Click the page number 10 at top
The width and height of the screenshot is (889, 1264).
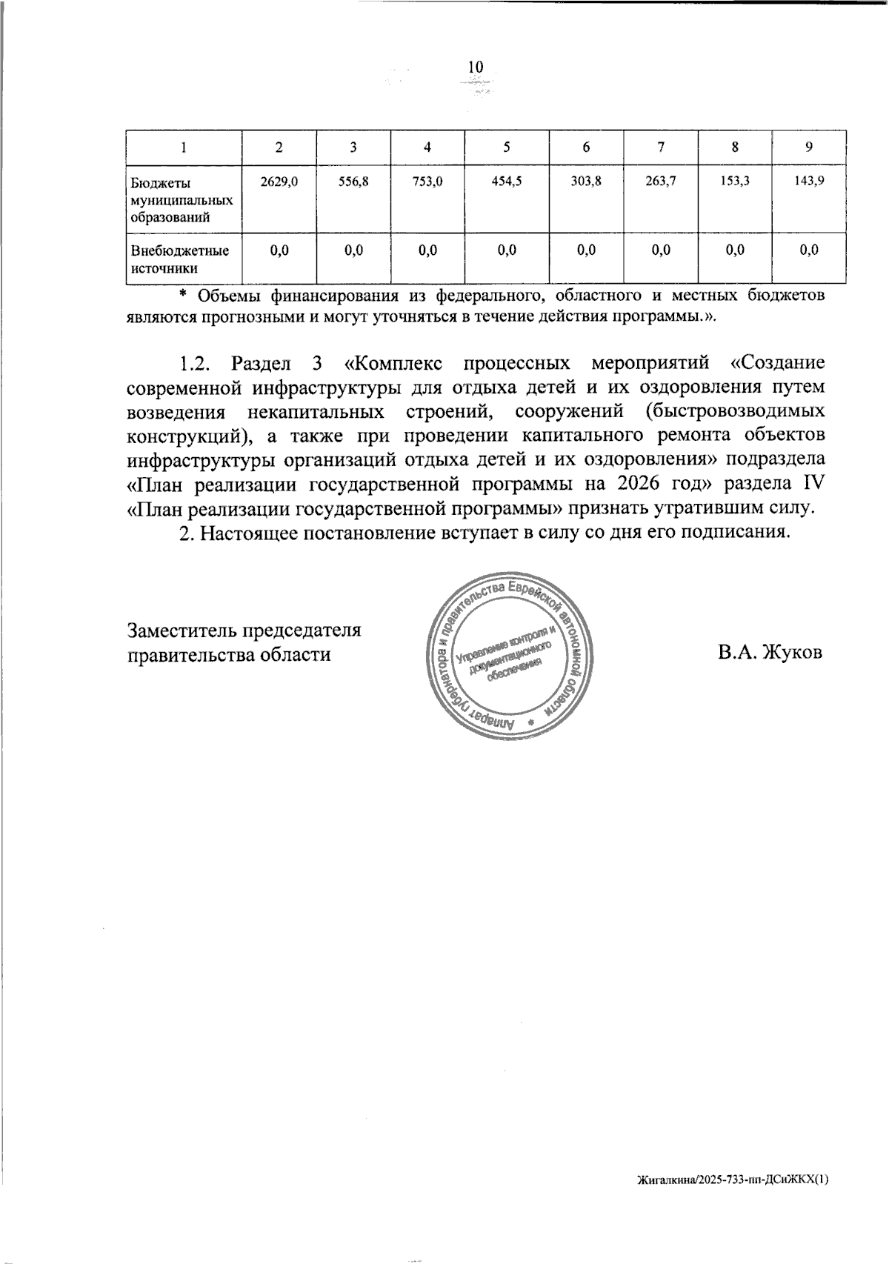tap(475, 67)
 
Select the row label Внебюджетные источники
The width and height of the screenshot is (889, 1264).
tap(179, 259)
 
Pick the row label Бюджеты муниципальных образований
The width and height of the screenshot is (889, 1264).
tap(181, 199)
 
